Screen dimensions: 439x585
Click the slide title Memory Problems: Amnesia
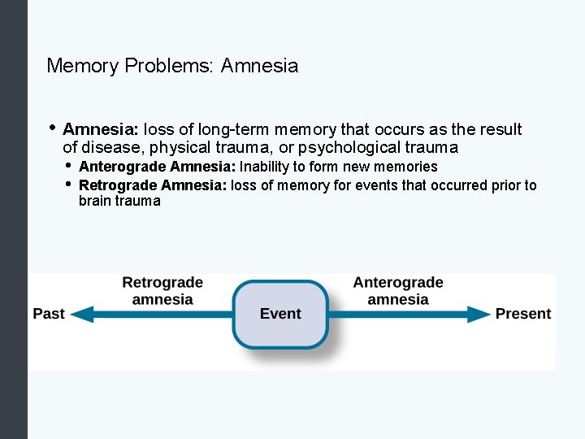(x=172, y=66)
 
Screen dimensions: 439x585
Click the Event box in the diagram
(x=280, y=314)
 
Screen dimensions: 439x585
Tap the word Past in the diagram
(x=49, y=314)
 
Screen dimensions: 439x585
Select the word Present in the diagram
(x=523, y=314)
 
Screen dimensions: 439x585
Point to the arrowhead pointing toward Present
(x=480, y=314)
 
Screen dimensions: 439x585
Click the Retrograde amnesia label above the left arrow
(x=162, y=291)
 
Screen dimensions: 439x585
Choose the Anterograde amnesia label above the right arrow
(x=398, y=291)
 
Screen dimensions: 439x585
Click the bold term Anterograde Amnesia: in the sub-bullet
(x=157, y=167)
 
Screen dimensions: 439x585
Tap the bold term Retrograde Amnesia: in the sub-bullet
(x=154, y=185)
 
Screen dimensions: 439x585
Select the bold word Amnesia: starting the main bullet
(x=101, y=129)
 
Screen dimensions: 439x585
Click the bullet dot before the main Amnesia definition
(x=52, y=128)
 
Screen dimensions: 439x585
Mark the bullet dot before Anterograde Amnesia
(x=68, y=166)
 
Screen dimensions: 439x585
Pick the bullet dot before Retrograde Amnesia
(x=68, y=184)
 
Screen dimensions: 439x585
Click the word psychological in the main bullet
(x=344, y=148)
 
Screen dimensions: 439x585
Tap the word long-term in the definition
(x=233, y=129)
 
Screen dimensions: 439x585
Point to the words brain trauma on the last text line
(x=119, y=201)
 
